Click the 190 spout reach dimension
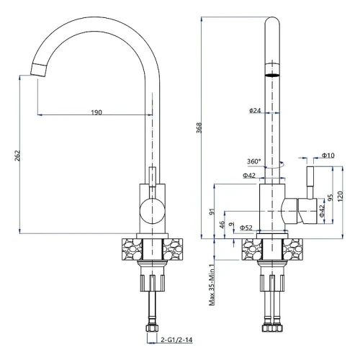[96, 112]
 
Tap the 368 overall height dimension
[199, 127]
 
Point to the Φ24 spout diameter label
[255, 110]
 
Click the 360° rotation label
[254, 161]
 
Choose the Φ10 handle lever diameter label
[328, 156]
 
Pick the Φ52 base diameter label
[246, 228]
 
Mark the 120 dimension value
[340, 197]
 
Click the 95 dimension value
[330, 198]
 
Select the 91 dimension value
[212, 212]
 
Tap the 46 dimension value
[222, 225]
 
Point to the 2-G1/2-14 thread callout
[176, 340]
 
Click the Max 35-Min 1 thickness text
[212, 285]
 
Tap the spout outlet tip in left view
[38, 71]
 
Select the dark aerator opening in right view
[272, 76]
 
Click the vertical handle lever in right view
[310, 182]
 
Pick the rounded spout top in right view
[272, 21]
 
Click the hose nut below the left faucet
[151, 328]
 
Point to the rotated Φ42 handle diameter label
[322, 211]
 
